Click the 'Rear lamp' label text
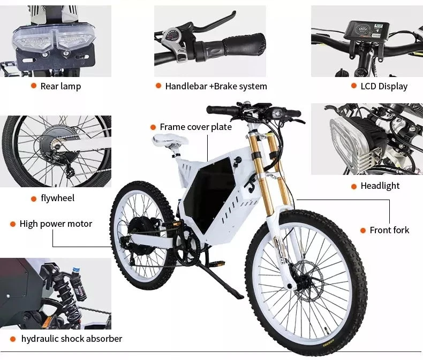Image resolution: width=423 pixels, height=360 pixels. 61,86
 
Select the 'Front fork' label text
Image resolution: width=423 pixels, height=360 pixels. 389,230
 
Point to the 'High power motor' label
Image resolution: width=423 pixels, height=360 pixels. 56,224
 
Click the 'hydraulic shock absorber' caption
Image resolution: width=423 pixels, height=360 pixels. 71,339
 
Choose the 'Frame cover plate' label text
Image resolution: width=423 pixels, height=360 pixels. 195,127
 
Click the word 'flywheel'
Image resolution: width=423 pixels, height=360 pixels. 58,198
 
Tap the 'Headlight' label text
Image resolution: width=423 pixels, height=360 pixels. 380,186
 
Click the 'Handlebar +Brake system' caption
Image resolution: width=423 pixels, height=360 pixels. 216,86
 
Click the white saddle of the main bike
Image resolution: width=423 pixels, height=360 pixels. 170,141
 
